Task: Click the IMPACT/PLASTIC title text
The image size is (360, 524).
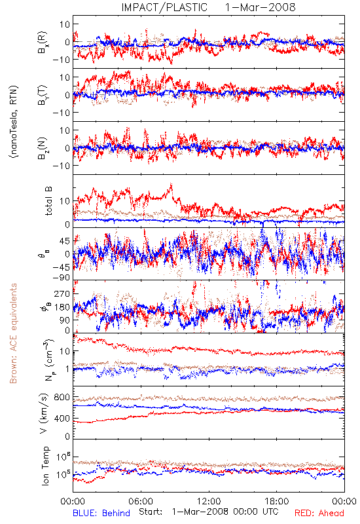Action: pos(164,7)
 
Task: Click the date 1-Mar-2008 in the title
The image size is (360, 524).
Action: pos(260,7)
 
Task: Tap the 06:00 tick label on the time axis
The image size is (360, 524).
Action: pos(141,501)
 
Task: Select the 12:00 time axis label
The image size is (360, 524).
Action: pos(209,501)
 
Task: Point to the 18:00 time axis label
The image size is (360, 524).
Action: pos(277,501)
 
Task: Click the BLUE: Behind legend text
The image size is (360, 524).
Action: pos(101,513)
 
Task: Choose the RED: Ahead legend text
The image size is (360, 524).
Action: pos(319,513)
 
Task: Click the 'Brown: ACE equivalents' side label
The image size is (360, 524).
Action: pos(13,333)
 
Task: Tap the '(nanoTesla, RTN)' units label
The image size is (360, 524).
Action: pos(14,122)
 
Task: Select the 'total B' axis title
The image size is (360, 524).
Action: pos(48,201)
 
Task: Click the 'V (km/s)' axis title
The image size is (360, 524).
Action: pos(44,413)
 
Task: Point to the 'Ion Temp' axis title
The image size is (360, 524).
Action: pos(45,466)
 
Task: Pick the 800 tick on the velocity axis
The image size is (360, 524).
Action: pos(62,397)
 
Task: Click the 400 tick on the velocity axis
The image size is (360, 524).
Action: pos(62,418)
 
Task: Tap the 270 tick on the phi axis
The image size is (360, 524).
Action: pos(62,293)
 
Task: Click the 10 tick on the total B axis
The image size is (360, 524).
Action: pos(65,201)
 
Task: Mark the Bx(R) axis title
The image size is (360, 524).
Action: pos(43,43)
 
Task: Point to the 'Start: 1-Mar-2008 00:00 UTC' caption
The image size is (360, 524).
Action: pos(208,512)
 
